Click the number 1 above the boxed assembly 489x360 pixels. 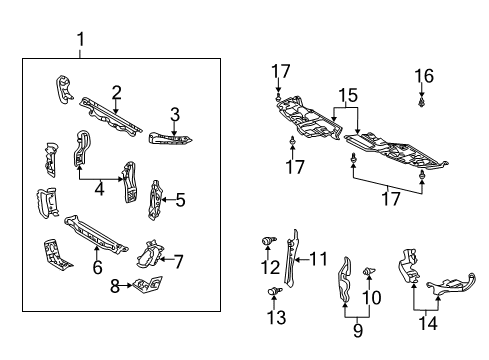(80, 41)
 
